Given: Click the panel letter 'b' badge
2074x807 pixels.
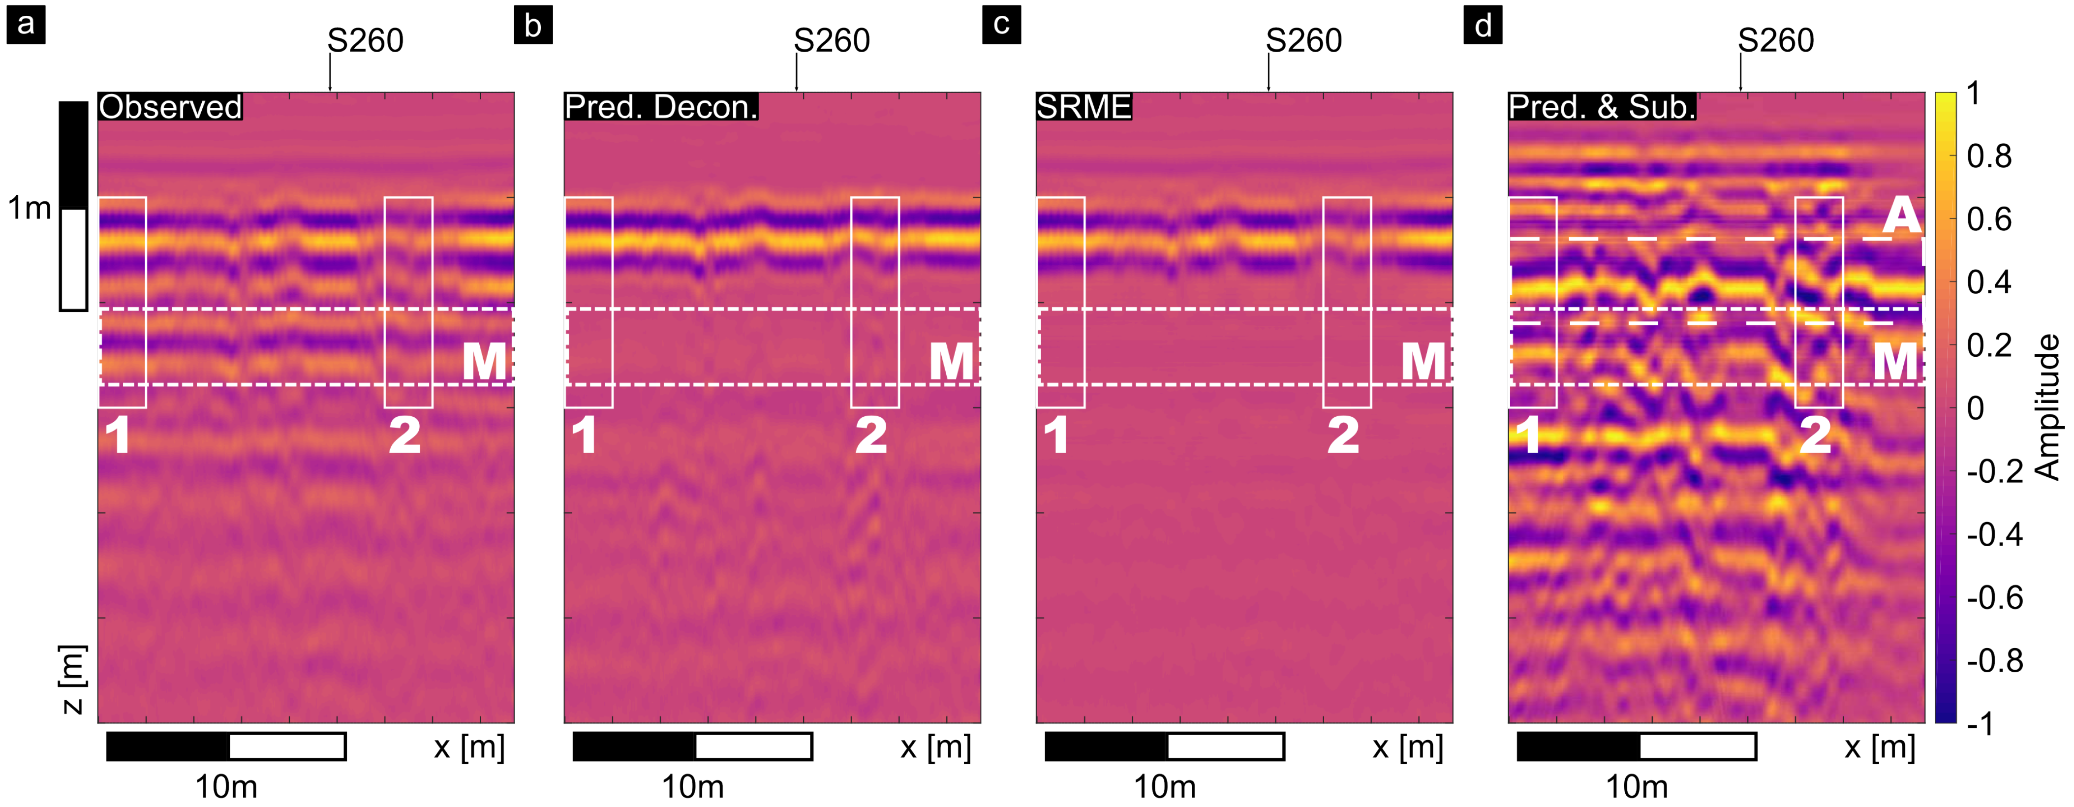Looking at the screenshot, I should tap(533, 26).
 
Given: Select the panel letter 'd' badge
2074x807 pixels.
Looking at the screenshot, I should tap(1482, 26).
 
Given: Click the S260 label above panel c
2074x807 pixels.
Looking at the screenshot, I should tap(1303, 40).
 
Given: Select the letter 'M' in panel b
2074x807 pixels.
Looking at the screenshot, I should tap(952, 362).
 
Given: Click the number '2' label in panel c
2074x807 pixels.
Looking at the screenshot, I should tap(1343, 435).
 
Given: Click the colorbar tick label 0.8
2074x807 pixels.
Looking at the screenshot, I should tap(1989, 156).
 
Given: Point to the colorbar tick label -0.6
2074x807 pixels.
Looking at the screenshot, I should tap(1994, 597).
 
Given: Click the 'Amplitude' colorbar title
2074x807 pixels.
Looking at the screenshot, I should tap(2046, 407).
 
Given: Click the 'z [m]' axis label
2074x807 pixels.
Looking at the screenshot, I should tap(72, 679).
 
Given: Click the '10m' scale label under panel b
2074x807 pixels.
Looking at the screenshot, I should tap(692, 786).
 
